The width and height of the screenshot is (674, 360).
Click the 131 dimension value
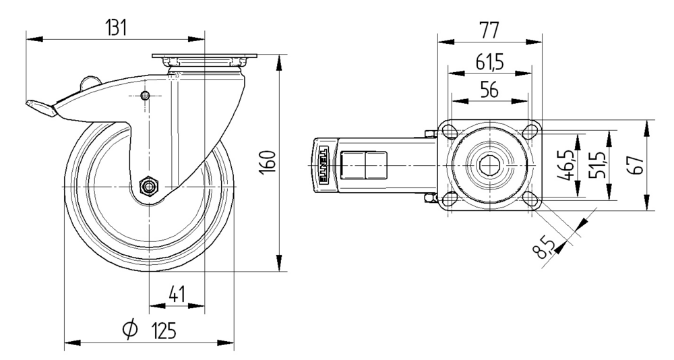(117, 28)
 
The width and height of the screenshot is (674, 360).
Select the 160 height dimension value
(268, 163)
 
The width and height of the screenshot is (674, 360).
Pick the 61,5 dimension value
(490, 63)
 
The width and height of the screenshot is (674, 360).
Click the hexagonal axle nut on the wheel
(148, 185)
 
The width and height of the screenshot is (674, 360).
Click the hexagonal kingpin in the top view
(489, 164)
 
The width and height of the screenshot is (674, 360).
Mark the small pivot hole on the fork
(146, 95)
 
